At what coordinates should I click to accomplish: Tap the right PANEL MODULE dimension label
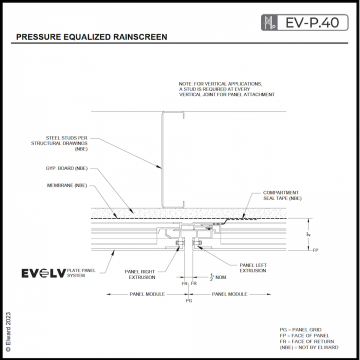[228, 294]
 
